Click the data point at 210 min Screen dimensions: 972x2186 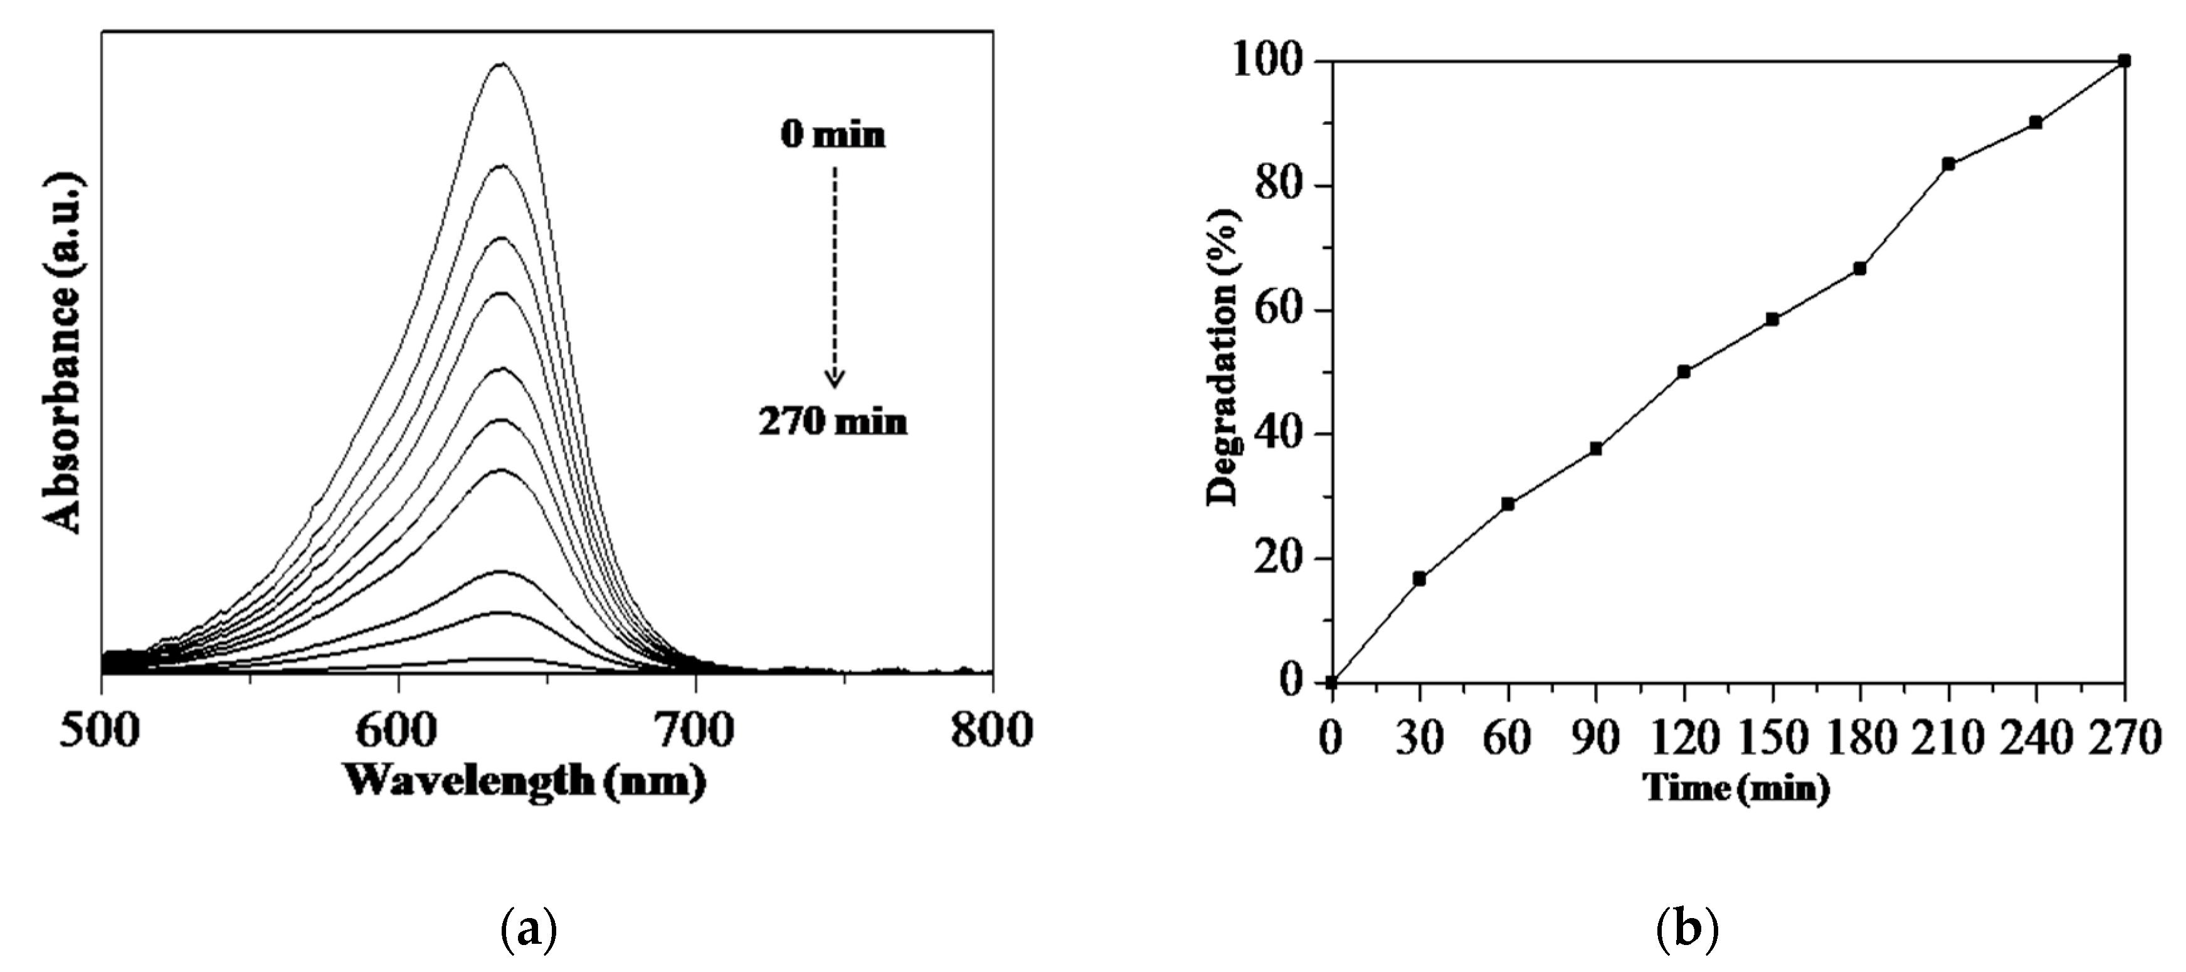pos(1948,164)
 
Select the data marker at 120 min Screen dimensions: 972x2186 pos(1684,372)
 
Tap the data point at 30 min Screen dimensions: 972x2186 pos(1419,579)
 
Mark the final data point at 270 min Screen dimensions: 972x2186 pos(2124,61)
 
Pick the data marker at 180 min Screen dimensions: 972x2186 pos(1859,268)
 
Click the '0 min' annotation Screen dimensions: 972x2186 pos(833,135)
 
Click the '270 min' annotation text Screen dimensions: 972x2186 pos(833,422)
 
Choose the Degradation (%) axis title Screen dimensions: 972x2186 pos(1223,357)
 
